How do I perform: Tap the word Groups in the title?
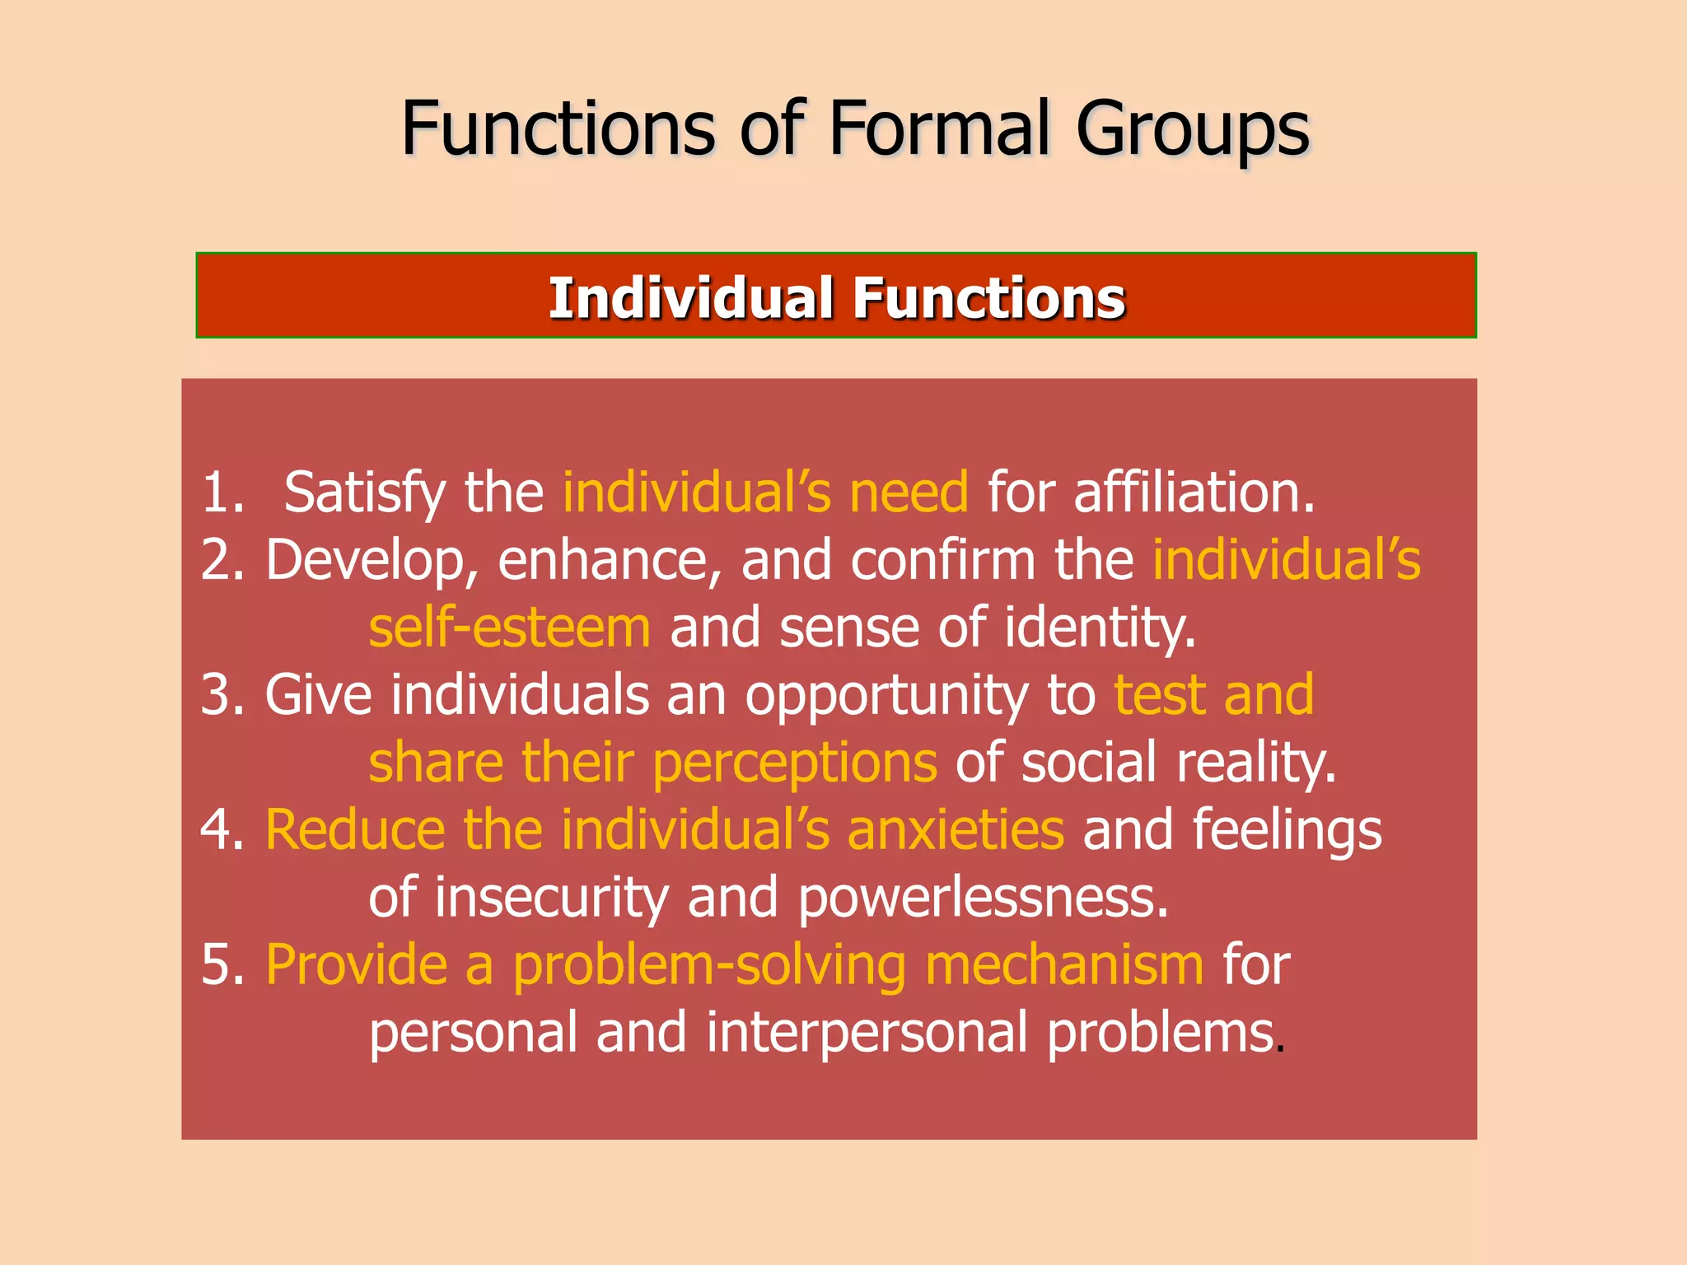(1192, 130)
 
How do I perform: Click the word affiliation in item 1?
(1193, 492)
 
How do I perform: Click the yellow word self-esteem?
(509, 628)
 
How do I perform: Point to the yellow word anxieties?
(956, 829)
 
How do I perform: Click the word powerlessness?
(983, 898)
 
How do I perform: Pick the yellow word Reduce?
(354, 829)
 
